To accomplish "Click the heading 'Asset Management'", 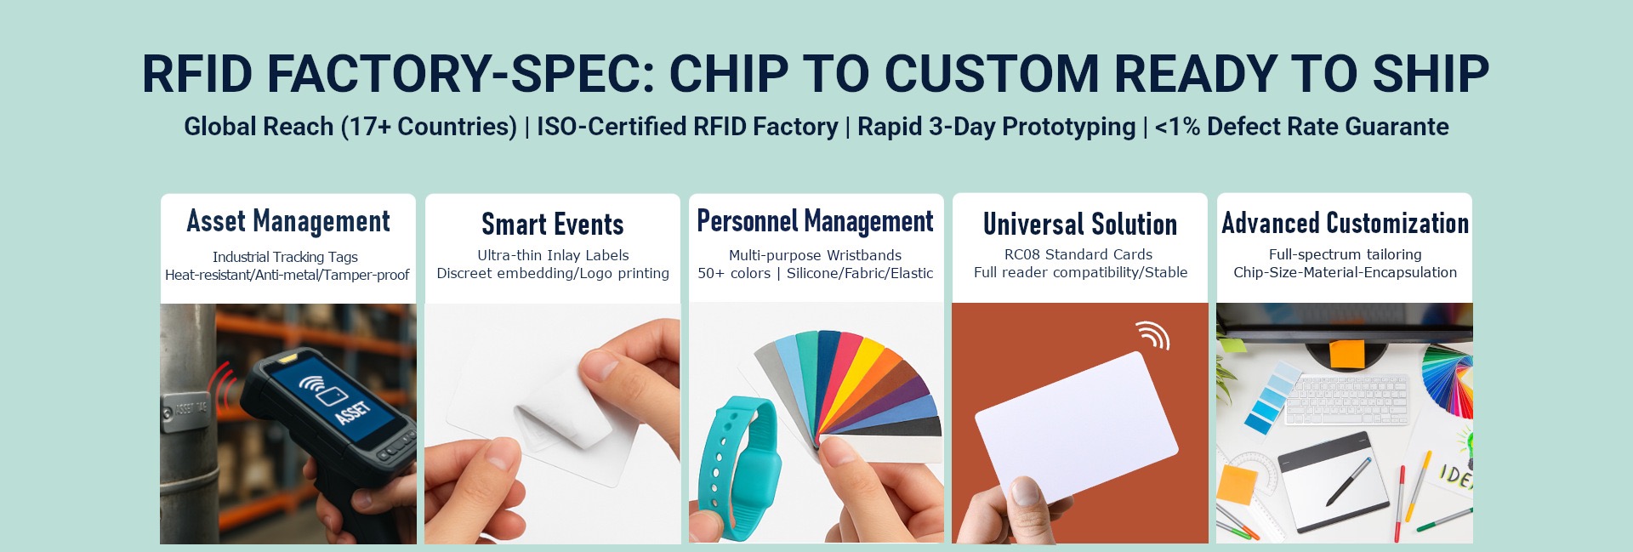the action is [288, 221].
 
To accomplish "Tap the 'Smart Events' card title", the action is [553, 225].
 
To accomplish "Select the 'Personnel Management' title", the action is [816, 221].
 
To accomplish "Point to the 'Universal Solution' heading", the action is [1080, 225].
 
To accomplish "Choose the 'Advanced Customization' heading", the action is [1346, 223].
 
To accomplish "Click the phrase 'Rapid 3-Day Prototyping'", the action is [996, 127].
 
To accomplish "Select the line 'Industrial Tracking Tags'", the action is [285, 257].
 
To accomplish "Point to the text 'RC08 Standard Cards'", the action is [1078, 254].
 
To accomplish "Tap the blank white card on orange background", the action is [1076, 424].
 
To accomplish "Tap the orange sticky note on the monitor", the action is [1346, 354].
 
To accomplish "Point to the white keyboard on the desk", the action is [1346, 401].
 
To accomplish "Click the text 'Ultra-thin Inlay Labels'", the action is [553, 255].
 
